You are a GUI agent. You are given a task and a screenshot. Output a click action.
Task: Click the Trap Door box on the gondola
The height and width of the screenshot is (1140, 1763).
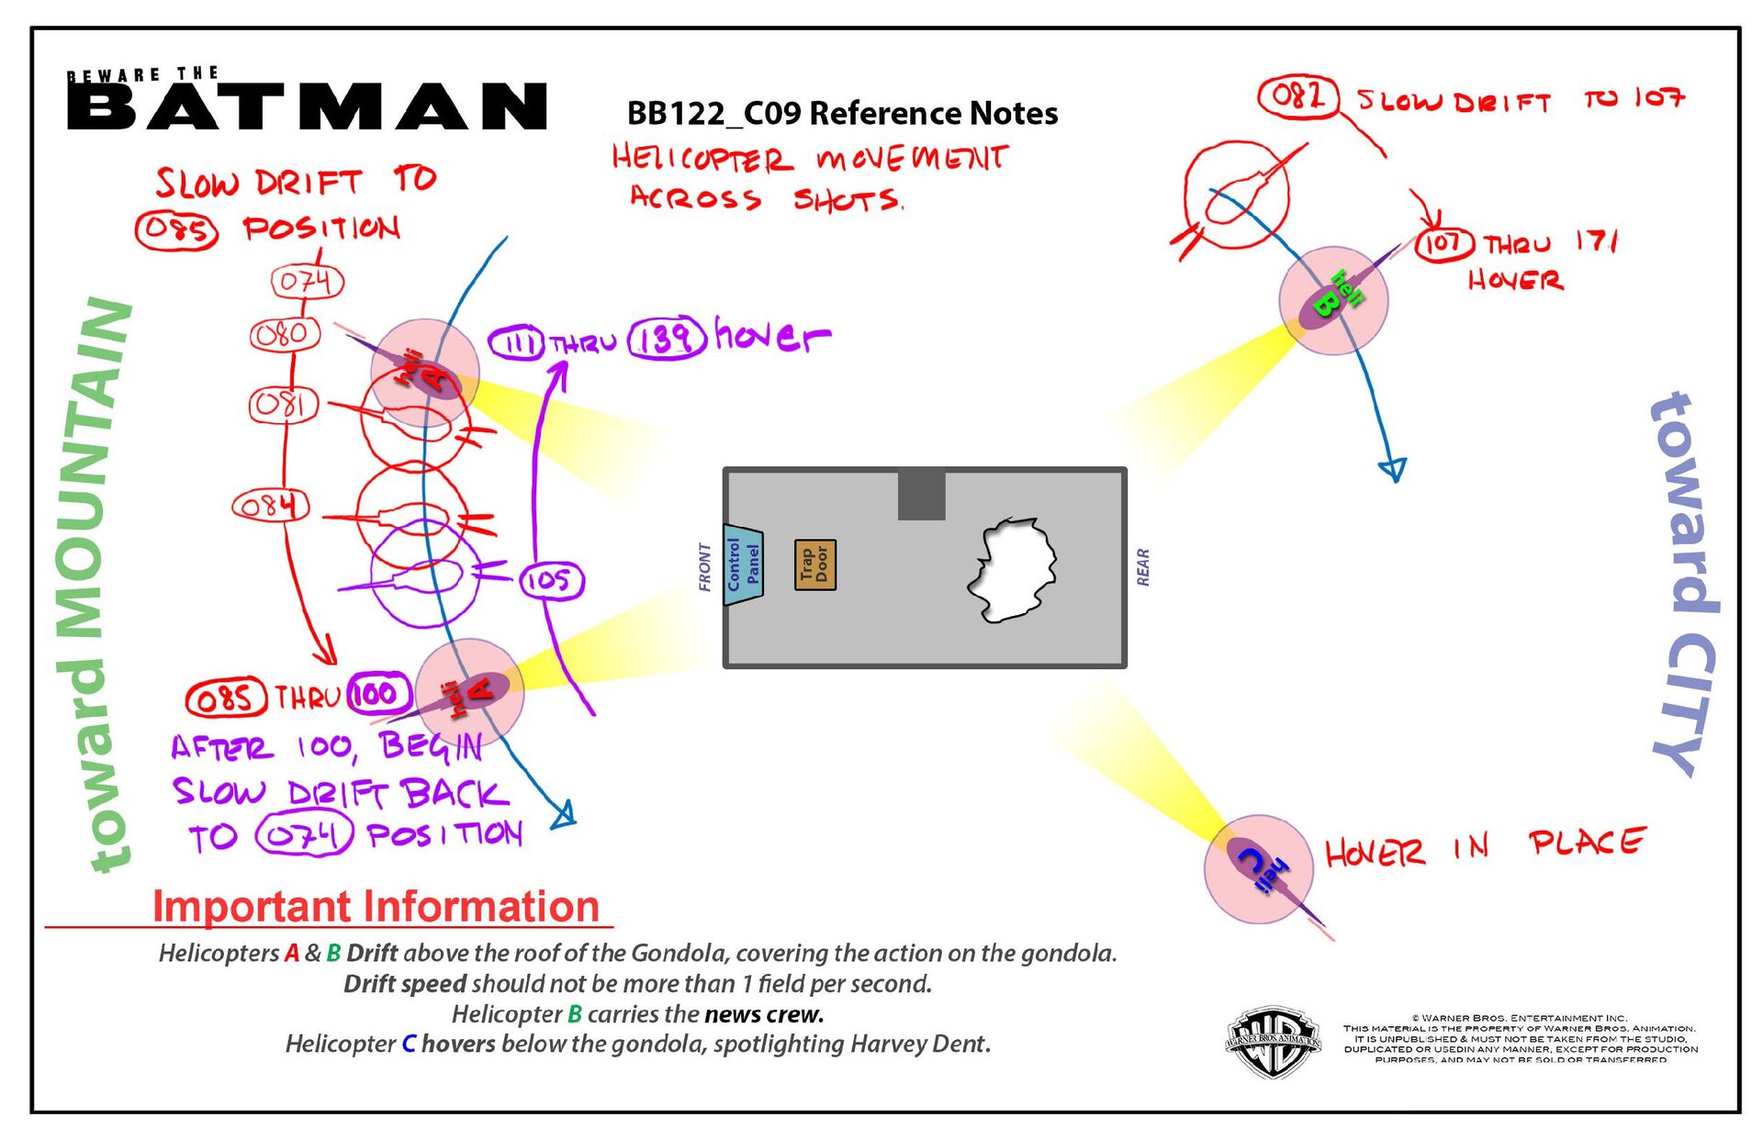pos(814,564)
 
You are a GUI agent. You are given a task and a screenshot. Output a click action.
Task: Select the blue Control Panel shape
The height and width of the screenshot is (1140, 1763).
pos(742,564)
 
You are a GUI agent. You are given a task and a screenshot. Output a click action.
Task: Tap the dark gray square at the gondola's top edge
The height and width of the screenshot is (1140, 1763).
pos(921,495)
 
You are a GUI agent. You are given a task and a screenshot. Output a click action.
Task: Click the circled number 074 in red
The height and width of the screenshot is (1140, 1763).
pos(307,281)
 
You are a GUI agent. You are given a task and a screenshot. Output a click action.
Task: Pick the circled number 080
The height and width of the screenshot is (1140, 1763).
pos(285,334)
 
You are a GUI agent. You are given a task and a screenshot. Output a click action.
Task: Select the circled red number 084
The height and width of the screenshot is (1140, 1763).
pos(270,506)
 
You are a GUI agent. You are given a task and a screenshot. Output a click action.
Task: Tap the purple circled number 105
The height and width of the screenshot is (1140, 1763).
pos(551,580)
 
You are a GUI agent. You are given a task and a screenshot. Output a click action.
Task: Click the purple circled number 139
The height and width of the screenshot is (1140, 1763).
pos(667,338)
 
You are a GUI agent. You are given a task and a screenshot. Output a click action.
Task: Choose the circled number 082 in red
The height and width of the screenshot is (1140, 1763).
pos(1298,95)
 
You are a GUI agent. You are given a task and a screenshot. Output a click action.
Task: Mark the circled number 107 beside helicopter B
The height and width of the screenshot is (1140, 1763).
pos(1444,243)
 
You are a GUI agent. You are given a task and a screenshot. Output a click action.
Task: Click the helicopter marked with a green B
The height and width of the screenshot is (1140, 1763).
pos(1333,299)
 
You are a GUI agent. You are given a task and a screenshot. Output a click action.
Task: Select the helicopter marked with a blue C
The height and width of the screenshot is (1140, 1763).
pos(1259,868)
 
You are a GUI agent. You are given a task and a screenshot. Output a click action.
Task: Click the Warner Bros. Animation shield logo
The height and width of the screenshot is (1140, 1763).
pos(1273,1042)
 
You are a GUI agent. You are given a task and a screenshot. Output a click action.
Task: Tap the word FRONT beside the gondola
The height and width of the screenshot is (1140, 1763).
pos(705,566)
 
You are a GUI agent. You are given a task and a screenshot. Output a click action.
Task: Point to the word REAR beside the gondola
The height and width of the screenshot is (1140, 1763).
pos(1143,566)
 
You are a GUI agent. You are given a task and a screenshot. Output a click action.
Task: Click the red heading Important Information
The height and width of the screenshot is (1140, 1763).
pos(376,906)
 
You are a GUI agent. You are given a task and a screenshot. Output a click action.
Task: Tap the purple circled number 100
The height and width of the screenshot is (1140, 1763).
pos(376,694)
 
